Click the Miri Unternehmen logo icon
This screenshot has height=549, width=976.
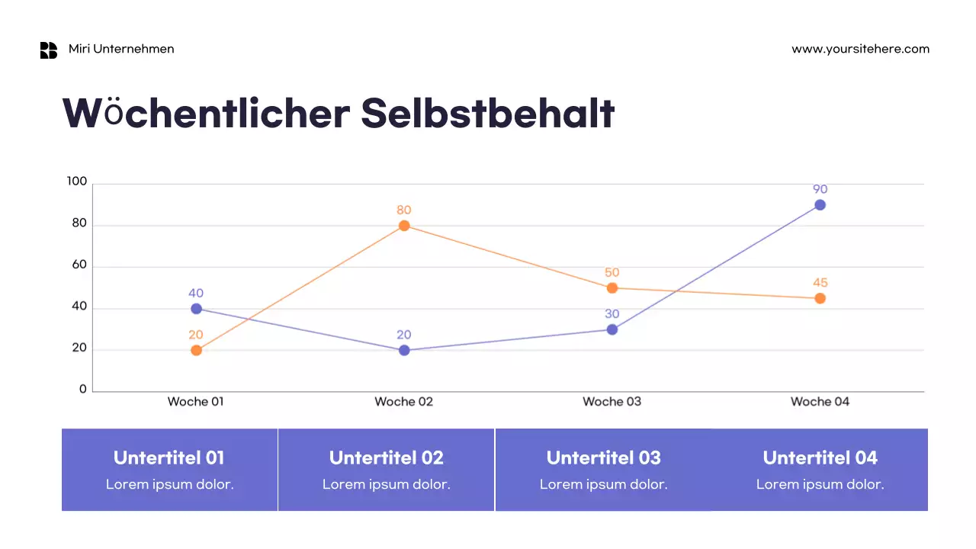(49, 50)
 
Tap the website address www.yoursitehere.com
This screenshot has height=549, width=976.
(860, 49)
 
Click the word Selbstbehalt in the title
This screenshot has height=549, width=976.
(487, 113)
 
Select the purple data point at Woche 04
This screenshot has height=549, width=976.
(820, 205)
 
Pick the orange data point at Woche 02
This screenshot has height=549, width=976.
(404, 226)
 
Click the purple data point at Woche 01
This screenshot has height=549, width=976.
(196, 309)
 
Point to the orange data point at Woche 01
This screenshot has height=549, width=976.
(196, 351)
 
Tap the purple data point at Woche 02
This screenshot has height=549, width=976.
(404, 351)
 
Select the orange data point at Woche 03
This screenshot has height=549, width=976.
(612, 288)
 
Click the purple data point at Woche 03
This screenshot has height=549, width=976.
(612, 329)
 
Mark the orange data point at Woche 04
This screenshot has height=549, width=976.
(820, 298)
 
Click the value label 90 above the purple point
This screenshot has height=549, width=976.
(820, 189)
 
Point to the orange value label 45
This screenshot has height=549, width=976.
(820, 283)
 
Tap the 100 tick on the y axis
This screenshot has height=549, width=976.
(77, 181)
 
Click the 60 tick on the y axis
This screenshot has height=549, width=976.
(79, 266)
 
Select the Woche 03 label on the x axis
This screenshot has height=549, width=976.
(612, 401)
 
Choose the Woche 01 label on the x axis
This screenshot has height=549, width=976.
(196, 401)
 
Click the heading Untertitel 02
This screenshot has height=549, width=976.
(386, 457)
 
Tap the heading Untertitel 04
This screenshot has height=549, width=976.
(820, 457)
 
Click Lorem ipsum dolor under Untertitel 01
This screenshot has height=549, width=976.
(169, 484)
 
